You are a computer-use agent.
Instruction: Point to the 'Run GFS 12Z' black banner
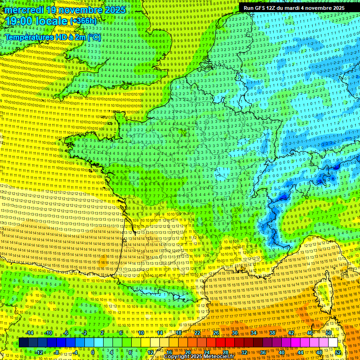pos(294,8)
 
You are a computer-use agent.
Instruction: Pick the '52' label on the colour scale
pos(338,352)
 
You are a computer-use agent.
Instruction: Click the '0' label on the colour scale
pos(93,352)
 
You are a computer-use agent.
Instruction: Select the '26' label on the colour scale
pos(216,333)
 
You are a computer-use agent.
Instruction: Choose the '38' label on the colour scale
pos(272,333)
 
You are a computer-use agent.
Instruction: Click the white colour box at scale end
pos(333,343)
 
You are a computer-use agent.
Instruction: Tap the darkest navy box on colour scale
pos(23,343)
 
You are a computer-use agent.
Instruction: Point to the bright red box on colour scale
pos(220,343)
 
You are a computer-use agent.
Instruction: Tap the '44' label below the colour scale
pos(300,352)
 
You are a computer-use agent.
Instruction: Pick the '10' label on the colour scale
pos(141,333)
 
